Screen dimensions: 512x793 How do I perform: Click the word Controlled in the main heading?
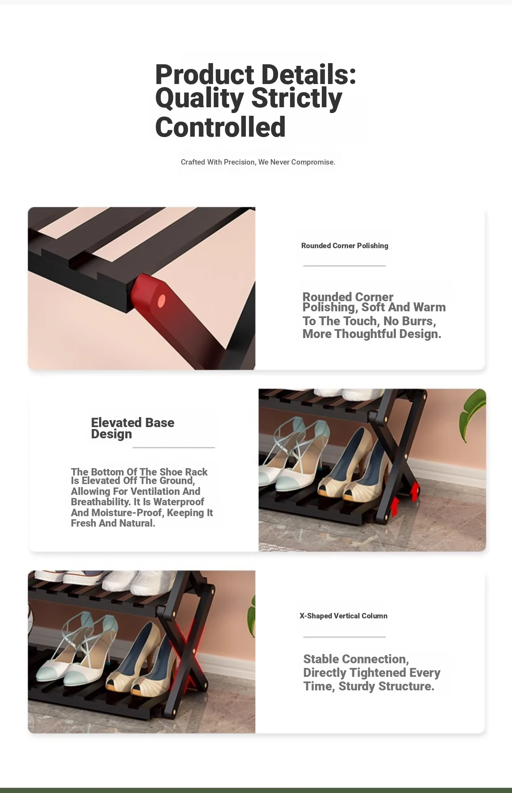(x=220, y=127)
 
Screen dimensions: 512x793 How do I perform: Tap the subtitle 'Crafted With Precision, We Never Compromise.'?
(x=258, y=162)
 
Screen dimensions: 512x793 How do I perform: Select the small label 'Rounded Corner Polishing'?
(x=345, y=245)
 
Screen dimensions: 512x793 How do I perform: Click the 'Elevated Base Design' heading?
(x=132, y=428)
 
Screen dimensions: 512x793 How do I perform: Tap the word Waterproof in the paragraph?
(x=179, y=502)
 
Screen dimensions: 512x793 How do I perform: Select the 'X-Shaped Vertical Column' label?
(x=344, y=616)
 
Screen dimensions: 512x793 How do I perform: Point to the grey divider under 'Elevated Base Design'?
(x=174, y=448)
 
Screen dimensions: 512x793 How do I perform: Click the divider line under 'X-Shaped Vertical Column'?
(x=344, y=637)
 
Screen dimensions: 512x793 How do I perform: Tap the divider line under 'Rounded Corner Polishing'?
(x=344, y=266)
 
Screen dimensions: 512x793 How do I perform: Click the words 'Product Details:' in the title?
(x=256, y=74)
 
